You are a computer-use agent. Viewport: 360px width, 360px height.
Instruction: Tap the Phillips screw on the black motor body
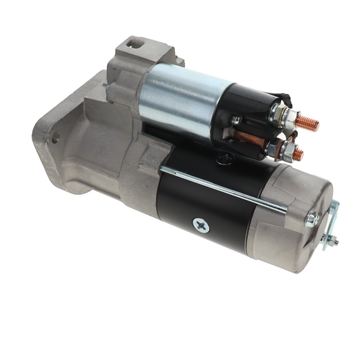(x=200, y=224)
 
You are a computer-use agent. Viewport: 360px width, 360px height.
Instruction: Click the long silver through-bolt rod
(x=225, y=188)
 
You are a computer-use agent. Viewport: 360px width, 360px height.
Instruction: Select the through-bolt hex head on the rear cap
(x=311, y=218)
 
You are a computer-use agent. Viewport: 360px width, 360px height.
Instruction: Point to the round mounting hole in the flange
(x=56, y=137)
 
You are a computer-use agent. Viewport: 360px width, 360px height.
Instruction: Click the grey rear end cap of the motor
(x=292, y=225)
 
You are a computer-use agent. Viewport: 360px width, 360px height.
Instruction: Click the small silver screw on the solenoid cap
(x=236, y=120)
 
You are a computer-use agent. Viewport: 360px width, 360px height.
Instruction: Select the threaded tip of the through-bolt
(x=164, y=168)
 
